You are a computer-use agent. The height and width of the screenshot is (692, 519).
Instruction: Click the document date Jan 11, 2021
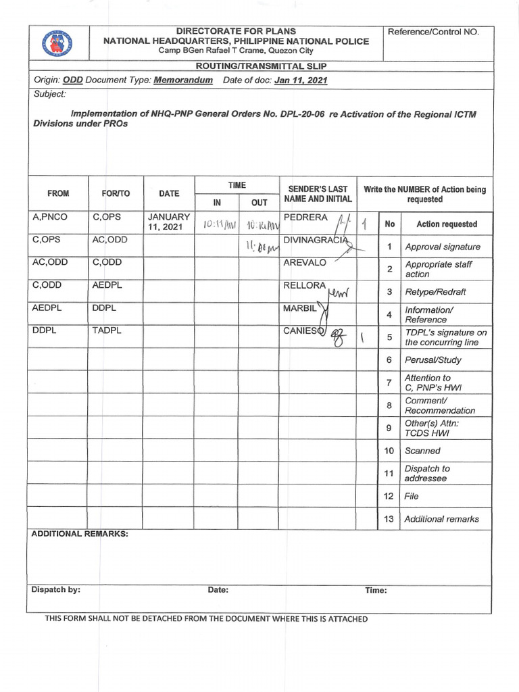301,80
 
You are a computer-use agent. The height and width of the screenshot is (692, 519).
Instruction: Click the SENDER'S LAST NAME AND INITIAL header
318,194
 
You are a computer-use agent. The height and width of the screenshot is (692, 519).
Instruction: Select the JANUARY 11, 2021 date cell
169,222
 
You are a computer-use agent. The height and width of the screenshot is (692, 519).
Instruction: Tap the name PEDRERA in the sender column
306,218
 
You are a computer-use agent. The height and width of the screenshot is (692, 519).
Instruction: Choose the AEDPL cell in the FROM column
47,307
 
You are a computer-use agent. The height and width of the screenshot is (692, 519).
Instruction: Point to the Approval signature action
442,247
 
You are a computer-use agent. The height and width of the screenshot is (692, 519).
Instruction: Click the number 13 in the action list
389,519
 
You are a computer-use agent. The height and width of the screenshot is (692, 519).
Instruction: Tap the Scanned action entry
422,451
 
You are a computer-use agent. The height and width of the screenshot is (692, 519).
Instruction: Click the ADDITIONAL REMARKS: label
80,534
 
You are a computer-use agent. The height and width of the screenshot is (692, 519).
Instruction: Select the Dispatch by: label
55,589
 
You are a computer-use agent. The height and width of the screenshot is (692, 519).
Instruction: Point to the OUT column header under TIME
259,202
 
